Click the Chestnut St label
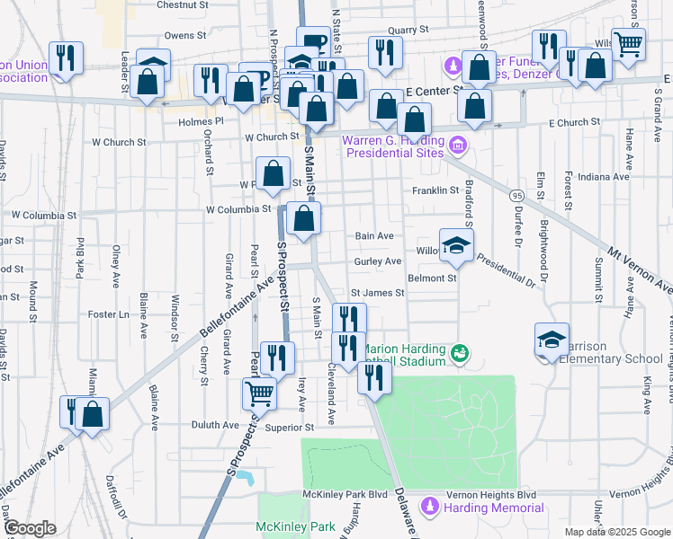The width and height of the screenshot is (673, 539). pos(182,4)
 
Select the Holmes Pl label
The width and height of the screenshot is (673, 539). pos(200,121)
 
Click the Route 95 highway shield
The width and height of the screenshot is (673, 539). pos(516,195)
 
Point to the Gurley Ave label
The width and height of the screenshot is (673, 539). pos(377,261)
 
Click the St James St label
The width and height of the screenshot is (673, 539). pos(377,293)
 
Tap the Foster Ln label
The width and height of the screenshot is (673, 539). pos(110,314)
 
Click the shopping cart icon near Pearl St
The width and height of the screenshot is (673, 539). pos(259,392)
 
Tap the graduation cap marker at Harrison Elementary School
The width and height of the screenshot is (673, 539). pos(552,339)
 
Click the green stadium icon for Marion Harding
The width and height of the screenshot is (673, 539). pos(460,353)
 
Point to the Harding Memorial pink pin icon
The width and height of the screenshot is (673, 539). pos(431,507)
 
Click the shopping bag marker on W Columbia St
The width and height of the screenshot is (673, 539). pos(304,217)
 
